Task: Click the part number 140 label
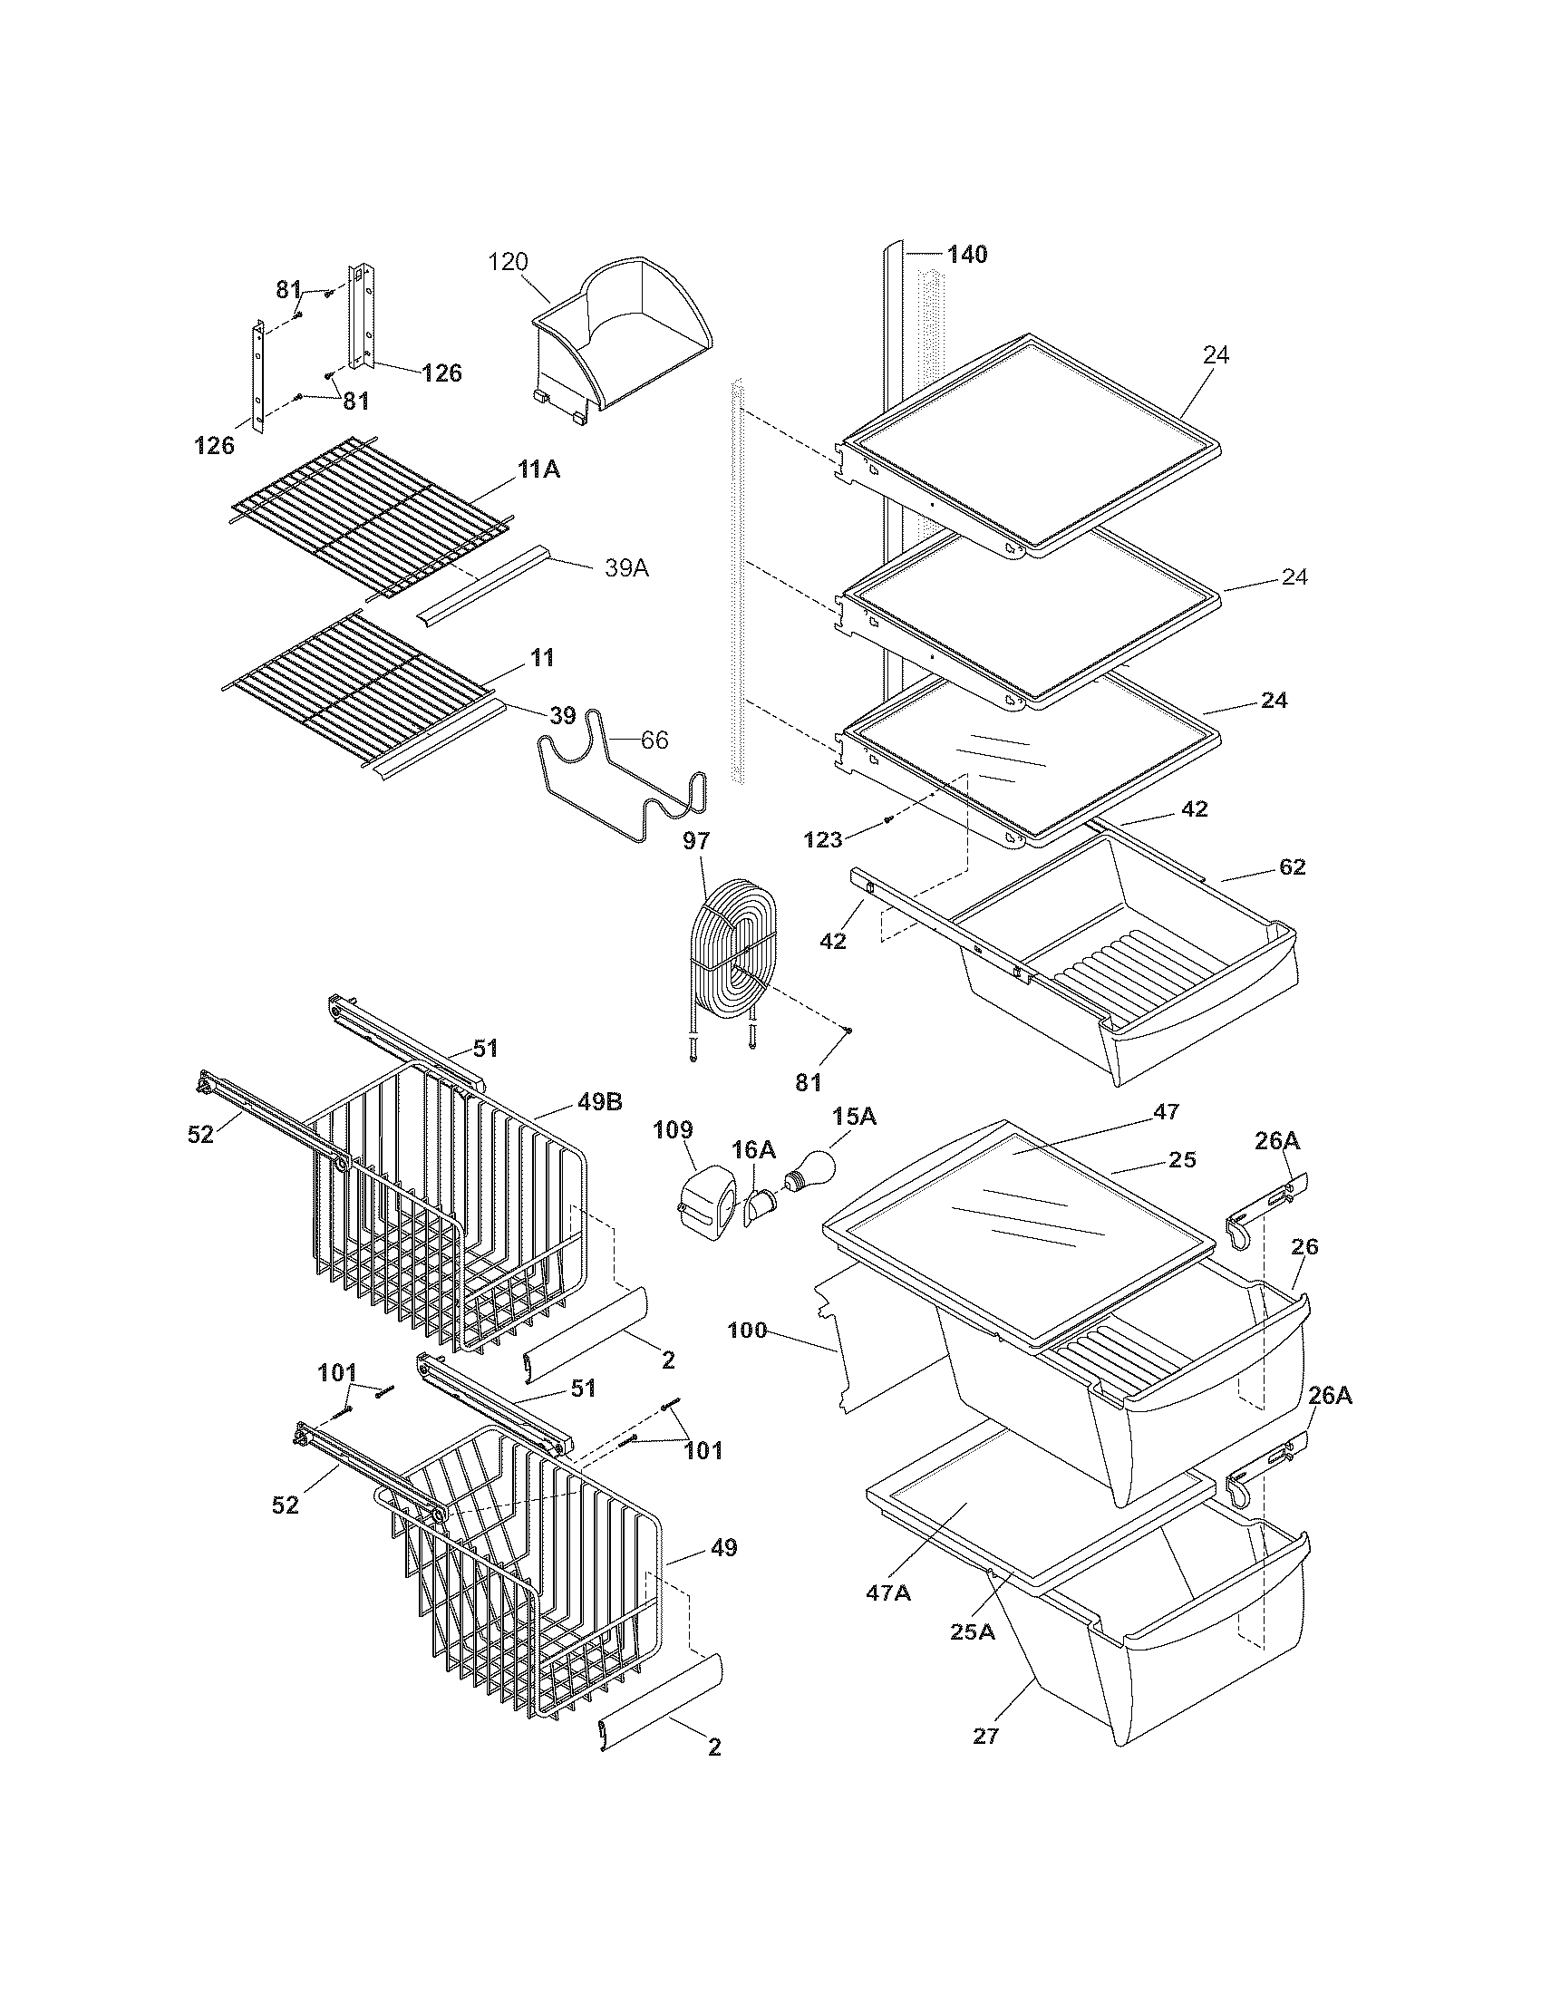[x=967, y=255]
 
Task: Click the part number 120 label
[x=508, y=262]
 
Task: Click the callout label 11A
[x=538, y=471]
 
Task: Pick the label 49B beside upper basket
[x=599, y=1102]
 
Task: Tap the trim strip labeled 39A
[x=484, y=595]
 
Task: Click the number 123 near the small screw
[x=822, y=840]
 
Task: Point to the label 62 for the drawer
[x=1292, y=866]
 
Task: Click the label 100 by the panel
[x=748, y=1331]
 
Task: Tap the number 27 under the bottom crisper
[x=985, y=1736]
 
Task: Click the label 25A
[x=972, y=1631]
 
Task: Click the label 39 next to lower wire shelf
[x=562, y=715]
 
